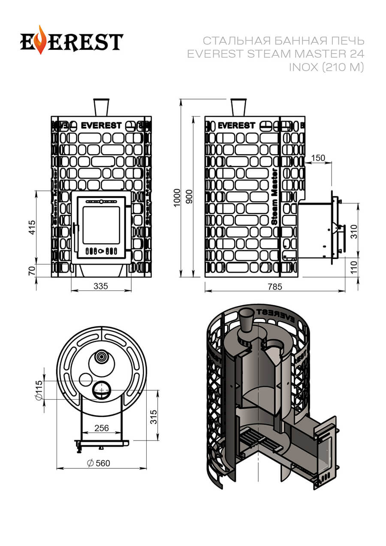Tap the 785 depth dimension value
(275, 287)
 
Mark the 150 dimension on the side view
(318, 158)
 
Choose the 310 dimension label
(354, 232)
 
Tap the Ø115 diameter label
(39, 390)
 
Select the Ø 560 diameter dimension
(98, 463)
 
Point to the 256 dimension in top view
(101, 428)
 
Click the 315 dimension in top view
(154, 416)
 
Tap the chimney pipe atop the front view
(101, 107)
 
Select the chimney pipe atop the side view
(238, 107)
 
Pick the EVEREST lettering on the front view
(101, 126)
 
